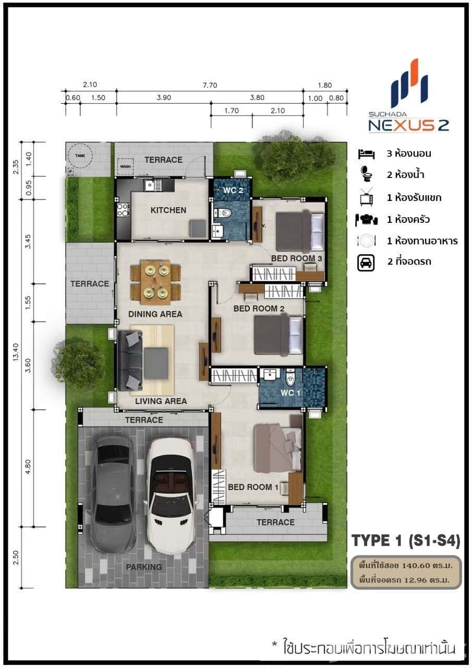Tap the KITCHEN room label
pyautogui.click(x=168, y=210)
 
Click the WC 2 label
pyautogui.click(x=234, y=190)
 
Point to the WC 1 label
pyautogui.click(x=287, y=392)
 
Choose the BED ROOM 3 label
pyautogui.click(x=296, y=259)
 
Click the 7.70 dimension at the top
pyautogui.click(x=210, y=85)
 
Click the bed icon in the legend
pyautogui.click(x=366, y=154)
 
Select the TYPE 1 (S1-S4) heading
pyautogui.click(x=405, y=541)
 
